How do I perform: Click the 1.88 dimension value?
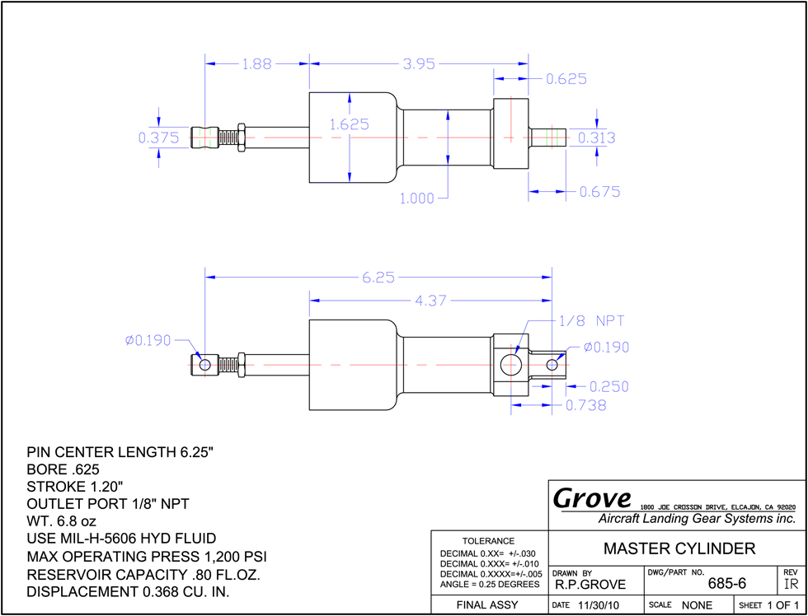[x=256, y=64]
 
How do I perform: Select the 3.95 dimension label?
[x=419, y=64]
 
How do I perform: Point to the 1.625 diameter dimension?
[x=350, y=124]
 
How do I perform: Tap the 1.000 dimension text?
[x=417, y=198]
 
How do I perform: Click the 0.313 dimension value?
[x=597, y=138]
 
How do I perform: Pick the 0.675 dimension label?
[x=600, y=192]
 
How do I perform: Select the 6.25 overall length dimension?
[x=378, y=278]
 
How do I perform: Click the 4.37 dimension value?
[x=430, y=301]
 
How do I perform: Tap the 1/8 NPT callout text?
[x=592, y=321]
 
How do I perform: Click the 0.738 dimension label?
[x=586, y=405]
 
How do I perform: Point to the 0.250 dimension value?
[x=608, y=386]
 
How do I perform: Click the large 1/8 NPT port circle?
[x=510, y=364]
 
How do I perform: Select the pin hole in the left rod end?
[x=204, y=365]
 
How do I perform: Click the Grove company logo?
[x=592, y=498]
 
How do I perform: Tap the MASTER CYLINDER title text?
[x=679, y=548]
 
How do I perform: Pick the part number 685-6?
[x=726, y=584]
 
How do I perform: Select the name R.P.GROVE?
[x=590, y=585]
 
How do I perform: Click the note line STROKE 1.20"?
[x=75, y=487]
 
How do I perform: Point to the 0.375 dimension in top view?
[x=158, y=138]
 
